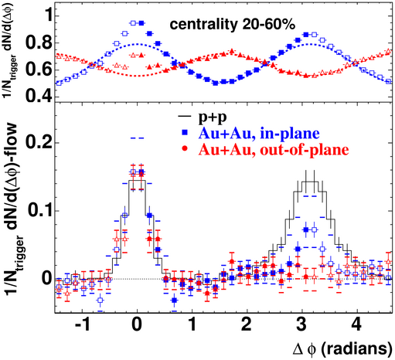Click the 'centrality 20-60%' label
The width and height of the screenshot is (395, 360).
pyautogui.click(x=232, y=25)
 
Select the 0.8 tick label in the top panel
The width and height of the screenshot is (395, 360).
pyautogui.click(x=39, y=42)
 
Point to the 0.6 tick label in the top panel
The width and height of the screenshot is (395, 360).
pyautogui.click(x=39, y=70)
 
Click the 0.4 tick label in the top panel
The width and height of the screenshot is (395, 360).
pyautogui.click(x=39, y=97)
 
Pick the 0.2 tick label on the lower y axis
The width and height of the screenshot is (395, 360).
pyautogui.click(x=39, y=142)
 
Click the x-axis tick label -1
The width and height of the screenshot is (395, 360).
pyautogui.click(x=83, y=324)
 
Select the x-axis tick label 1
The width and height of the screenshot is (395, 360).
pyautogui.click(x=192, y=324)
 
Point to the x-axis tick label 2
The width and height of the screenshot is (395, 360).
pyautogui.click(x=247, y=324)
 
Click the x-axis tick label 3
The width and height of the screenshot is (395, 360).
pyautogui.click(x=301, y=324)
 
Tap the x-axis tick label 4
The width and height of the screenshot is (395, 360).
pyautogui.click(x=357, y=324)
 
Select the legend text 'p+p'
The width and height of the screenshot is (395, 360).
pyautogui.click(x=213, y=117)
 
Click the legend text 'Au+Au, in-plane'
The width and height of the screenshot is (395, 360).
pyautogui.click(x=259, y=133)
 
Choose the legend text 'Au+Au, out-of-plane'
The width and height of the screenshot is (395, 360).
pyautogui.click(x=274, y=149)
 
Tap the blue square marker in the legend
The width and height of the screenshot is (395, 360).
pyautogui.click(x=185, y=133)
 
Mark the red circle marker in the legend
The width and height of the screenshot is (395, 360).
pyautogui.click(x=185, y=149)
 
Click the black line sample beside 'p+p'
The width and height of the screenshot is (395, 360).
pyautogui.click(x=185, y=117)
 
